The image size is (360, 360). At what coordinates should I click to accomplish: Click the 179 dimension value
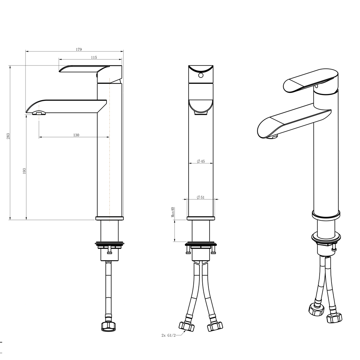tap(79, 49)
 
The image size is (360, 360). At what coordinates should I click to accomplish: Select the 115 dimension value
tap(94, 57)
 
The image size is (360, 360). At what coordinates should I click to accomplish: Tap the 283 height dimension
tap(8, 136)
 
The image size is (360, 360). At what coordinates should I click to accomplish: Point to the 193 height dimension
tap(24, 171)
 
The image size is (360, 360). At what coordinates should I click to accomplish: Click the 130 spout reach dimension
tap(76, 135)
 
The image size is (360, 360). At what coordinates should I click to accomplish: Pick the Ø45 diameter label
tap(201, 161)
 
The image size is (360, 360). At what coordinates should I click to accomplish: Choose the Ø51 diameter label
tap(201, 197)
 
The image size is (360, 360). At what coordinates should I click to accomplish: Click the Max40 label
tap(173, 212)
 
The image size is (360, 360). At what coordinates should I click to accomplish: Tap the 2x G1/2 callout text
tap(168, 336)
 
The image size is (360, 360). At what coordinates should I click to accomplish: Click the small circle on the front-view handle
tap(201, 75)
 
